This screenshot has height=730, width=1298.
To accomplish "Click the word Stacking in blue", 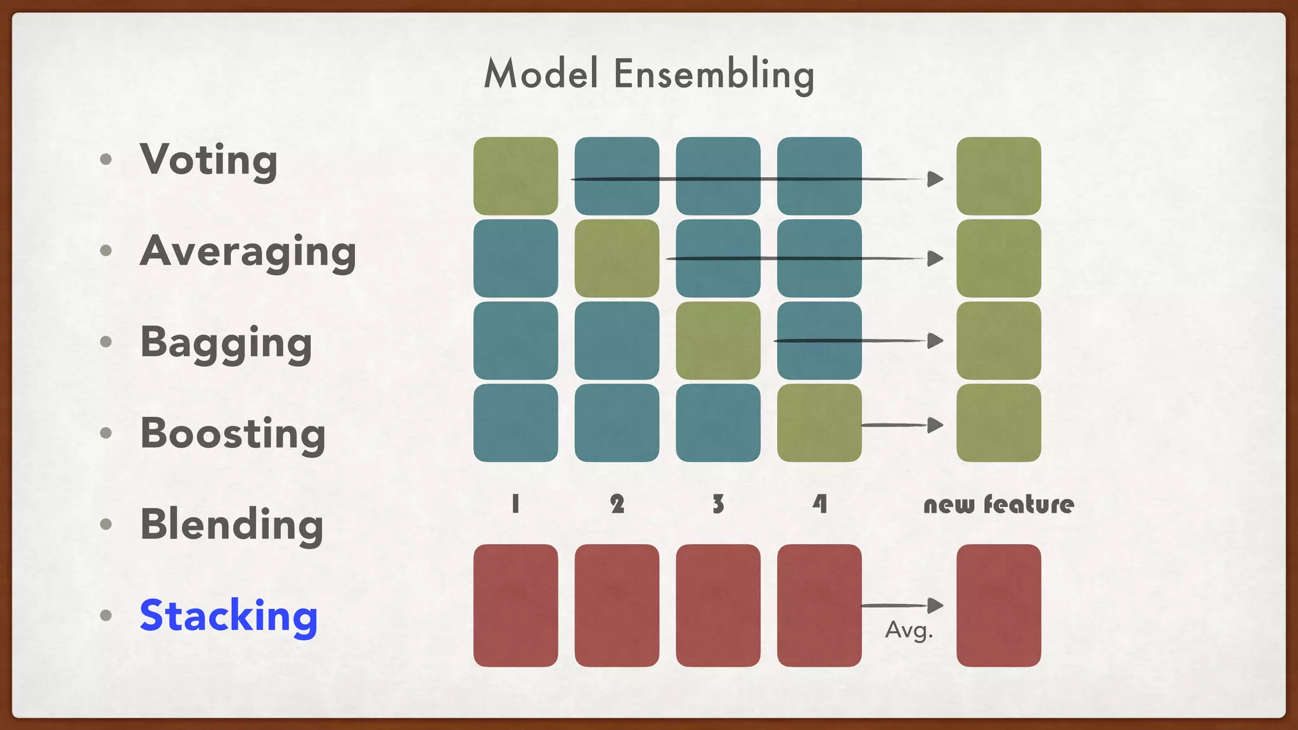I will pos(228,616).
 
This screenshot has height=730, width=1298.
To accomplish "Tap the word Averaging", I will pos(248,252).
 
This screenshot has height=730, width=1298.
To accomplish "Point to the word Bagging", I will pos(226,343).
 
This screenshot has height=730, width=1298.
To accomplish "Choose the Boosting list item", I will pos(233,434).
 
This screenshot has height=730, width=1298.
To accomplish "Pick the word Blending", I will pos(232,525).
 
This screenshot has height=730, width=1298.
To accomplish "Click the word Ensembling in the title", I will pos(714,74).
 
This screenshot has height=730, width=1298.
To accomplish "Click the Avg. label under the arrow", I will pos(909,630).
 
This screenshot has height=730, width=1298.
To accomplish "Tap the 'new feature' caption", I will pos(998,504).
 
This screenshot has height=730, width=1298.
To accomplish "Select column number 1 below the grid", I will pos(515,504).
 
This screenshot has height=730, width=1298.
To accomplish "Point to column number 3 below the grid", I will pos(718,504).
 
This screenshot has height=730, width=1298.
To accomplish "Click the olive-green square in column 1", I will pos(515,176).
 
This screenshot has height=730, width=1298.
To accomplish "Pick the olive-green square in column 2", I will pos(617,258).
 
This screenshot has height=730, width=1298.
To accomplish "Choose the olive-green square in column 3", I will pos(718,340).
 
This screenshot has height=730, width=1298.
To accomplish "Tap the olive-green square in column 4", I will pos(819,423).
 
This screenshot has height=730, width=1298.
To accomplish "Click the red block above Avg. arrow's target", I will pos(998,605).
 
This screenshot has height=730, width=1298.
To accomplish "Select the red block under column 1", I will pos(515,605).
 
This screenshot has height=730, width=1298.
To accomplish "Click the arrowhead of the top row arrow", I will pos(935,179).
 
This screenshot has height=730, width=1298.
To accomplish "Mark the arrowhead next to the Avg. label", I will pos(935,605).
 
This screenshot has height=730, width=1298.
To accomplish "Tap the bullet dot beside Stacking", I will pos(106,615).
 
